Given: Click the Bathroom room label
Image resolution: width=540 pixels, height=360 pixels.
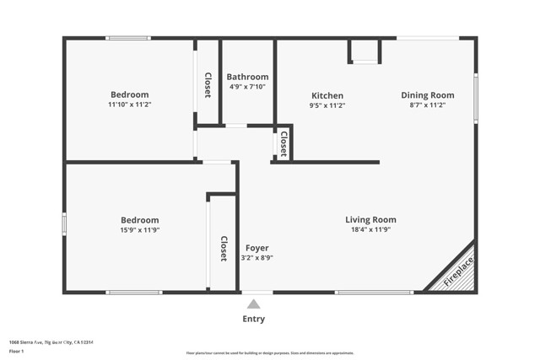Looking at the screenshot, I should [249, 77].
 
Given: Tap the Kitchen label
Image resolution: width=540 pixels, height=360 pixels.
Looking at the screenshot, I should [327, 95].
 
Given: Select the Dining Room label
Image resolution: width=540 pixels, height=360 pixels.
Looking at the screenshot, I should [427, 95].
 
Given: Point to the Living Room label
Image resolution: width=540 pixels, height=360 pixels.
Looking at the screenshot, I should [370, 220].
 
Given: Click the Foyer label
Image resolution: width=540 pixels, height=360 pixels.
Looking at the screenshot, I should [257, 248].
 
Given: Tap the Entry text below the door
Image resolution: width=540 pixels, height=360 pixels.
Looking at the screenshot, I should [254, 319].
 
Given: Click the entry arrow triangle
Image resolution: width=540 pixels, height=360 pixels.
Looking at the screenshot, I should [254, 304].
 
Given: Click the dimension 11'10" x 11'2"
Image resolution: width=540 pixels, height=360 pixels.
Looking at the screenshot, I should [129, 105].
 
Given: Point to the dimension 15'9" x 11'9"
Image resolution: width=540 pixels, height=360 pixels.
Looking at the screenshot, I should [139, 230].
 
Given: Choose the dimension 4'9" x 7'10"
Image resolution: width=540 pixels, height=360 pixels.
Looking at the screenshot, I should [249, 87].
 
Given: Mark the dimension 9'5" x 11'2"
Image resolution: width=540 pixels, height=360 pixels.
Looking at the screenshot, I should [327, 105].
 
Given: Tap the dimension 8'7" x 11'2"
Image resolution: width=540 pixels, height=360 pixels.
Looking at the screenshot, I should [427, 105].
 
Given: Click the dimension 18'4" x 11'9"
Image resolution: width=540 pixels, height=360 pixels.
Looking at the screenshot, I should [370, 230].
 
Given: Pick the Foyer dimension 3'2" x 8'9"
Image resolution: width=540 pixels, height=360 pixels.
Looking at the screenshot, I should [257, 258].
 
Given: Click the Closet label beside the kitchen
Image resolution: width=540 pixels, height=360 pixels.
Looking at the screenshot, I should [283, 144].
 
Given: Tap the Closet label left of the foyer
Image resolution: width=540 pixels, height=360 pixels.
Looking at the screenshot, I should [224, 248].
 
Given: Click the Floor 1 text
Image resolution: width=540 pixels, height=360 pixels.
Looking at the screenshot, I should [17, 350].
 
